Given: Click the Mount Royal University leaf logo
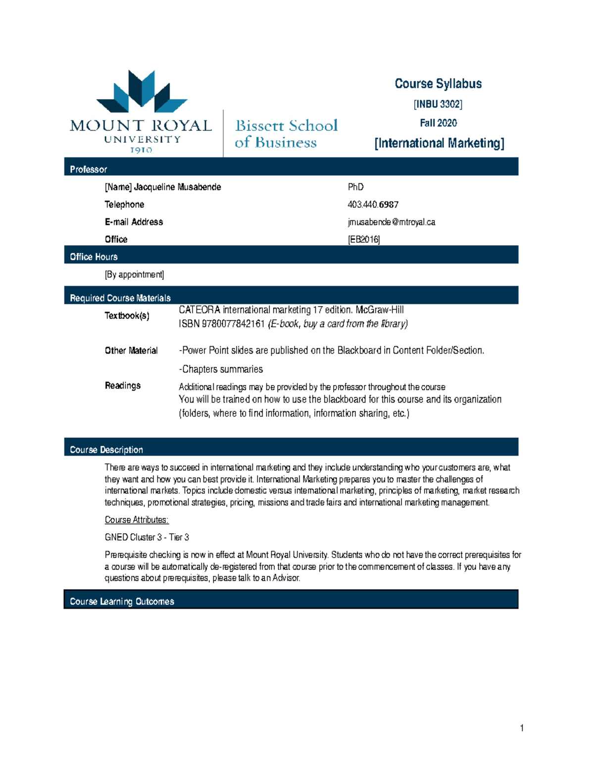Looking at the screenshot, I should [x=142, y=92].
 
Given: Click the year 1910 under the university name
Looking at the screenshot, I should [x=141, y=150].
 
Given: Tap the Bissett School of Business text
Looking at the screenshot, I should [x=286, y=134].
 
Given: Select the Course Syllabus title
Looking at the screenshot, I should [x=438, y=84].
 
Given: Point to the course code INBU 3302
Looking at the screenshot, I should [x=438, y=104].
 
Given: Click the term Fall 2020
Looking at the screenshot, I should [x=438, y=123].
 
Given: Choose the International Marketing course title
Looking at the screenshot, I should [x=439, y=143].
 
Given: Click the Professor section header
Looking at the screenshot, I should [x=89, y=169].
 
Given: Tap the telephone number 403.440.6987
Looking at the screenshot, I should [x=373, y=205].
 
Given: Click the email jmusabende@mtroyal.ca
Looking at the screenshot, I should [x=391, y=222].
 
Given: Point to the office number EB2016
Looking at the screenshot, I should [x=364, y=240].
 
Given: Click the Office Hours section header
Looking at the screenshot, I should [x=94, y=256].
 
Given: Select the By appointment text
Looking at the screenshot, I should [x=134, y=274].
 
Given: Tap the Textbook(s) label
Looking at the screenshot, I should [x=127, y=315].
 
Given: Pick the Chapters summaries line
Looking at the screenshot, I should [x=221, y=369].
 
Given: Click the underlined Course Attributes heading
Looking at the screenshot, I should [x=137, y=520].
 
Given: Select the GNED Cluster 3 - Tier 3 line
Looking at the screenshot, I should [x=147, y=537].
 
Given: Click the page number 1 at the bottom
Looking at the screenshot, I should [x=522, y=728].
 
